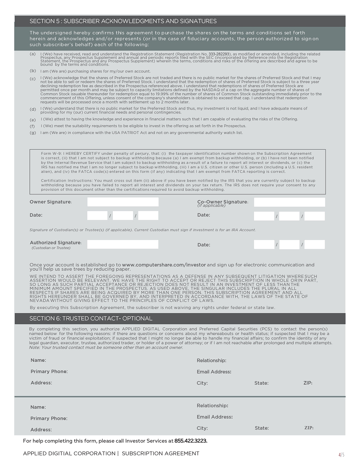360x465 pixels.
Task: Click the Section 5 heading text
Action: (123, 21)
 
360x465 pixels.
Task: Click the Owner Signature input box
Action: (123, 202)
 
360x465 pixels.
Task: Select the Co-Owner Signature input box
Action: (289, 202)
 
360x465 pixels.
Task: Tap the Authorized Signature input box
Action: (123, 244)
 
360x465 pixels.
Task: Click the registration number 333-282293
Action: (219, 54)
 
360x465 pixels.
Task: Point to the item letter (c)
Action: (32, 79)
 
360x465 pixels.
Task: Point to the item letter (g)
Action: (32, 133)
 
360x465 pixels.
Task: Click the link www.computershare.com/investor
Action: (164, 265)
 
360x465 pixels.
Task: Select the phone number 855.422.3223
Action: (191, 441)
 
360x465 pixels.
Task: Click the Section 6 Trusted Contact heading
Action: (91, 319)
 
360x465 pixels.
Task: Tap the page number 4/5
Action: (341, 454)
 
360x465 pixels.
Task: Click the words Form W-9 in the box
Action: (50, 154)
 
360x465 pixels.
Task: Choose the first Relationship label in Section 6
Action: (212, 361)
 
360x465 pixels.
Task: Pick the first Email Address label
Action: (214, 372)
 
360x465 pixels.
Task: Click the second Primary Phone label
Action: (49, 418)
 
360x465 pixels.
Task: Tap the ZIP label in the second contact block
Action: (309, 428)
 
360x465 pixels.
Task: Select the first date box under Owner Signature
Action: (97, 216)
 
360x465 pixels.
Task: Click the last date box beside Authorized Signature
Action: (314, 244)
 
